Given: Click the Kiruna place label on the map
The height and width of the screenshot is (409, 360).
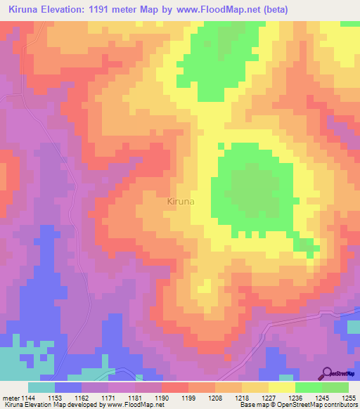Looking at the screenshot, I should pyautogui.click(x=181, y=202).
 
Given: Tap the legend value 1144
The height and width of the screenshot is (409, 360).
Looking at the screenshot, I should pyautogui.click(x=29, y=397).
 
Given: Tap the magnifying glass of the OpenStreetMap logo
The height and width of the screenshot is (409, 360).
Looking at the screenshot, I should pyautogui.click(x=326, y=373).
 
